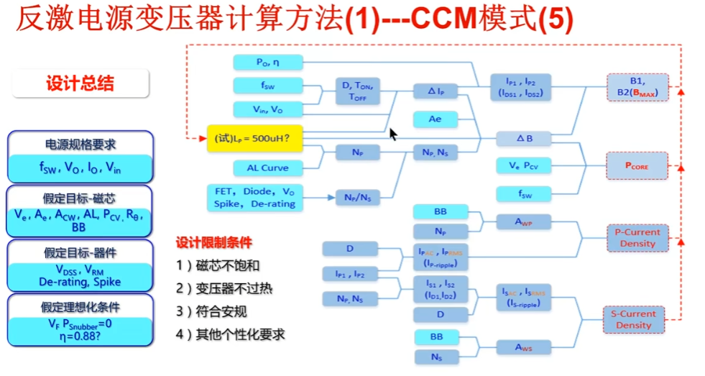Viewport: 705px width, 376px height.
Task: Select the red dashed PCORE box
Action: [637, 165]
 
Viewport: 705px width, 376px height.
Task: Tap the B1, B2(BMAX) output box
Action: [637, 87]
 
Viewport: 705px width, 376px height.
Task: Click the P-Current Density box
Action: [637, 238]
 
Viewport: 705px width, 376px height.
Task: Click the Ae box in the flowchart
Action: [435, 119]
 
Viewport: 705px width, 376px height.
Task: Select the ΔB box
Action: [524, 138]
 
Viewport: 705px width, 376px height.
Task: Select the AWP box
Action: [524, 223]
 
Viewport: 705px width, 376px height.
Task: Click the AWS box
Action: [524, 347]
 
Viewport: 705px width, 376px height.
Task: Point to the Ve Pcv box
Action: [524, 166]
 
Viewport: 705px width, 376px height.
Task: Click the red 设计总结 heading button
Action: [80, 83]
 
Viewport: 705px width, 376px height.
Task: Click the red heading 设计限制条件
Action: [214, 242]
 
